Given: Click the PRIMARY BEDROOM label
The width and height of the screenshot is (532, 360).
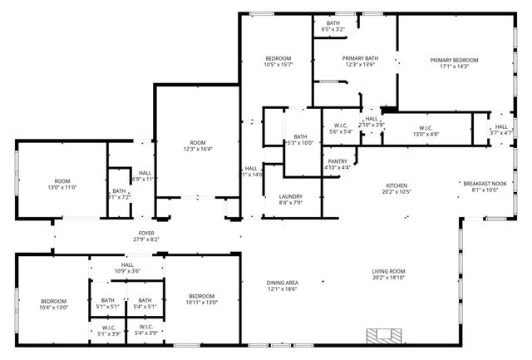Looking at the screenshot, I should point(454,60).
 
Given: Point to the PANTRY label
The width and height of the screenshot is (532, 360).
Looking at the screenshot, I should point(337,161).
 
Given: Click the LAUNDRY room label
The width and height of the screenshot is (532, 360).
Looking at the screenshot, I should point(290,196).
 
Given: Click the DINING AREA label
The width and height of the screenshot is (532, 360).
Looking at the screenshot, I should point(282,282).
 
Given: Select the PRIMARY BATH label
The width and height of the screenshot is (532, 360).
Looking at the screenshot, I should point(360,58).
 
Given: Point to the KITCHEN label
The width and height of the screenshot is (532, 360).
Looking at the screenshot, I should point(396,185).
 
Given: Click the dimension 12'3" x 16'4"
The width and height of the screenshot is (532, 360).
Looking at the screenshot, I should point(198,150).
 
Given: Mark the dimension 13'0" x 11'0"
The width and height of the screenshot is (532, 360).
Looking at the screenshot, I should point(62,189).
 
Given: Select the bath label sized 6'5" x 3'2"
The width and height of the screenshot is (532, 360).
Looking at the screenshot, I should point(332,29).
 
